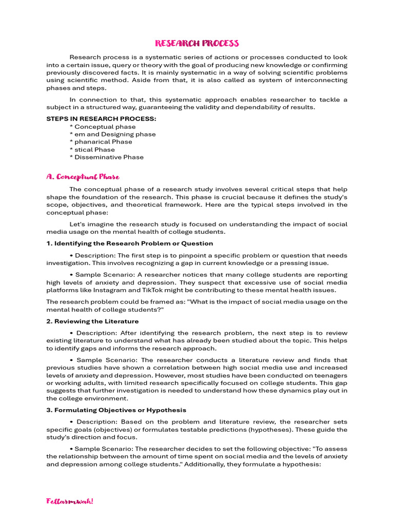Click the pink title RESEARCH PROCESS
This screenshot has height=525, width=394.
pyautogui.click(x=197, y=43)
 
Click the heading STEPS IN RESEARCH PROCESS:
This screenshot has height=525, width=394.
pyautogui.click(x=102, y=119)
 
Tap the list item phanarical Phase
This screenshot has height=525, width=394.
pyautogui.click(x=103, y=142)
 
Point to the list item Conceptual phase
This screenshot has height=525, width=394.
pyautogui.click(x=105, y=127)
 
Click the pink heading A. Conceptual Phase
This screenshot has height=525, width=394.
pyautogui.click(x=83, y=177)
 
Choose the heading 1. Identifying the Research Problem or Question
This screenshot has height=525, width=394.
pyautogui.click(x=130, y=244)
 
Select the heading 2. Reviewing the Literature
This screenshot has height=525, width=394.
pyautogui.click(x=92, y=321)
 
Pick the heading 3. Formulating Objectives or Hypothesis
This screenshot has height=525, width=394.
pyautogui.click(x=116, y=410)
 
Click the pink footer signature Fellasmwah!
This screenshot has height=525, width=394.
pyautogui.click(x=70, y=501)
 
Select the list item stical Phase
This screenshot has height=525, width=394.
pyautogui.click(x=94, y=150)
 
